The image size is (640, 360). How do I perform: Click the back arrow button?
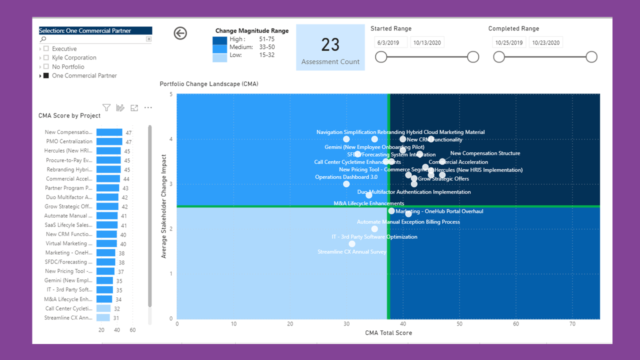(x=180, y=33)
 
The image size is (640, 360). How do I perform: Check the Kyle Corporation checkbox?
(x=46, y=58)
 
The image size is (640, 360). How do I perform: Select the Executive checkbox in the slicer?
(x=46, y=49)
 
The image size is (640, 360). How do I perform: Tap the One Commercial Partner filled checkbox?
(x=46, y=76)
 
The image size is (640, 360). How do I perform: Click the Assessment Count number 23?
(x=330, y=45)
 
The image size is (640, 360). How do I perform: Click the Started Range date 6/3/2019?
(x=391, y=42)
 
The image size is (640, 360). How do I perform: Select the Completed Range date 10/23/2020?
(x=545, y=42)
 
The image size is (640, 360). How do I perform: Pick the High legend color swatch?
(x=219, y=40)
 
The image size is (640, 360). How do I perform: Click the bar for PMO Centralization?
(x=109, y=141)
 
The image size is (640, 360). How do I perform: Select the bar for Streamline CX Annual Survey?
(x=103, y=317)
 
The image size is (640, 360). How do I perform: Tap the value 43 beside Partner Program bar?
(x=125, y=188)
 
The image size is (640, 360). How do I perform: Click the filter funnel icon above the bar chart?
(x=106, y=107)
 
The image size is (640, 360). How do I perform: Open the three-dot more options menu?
(x=148, y=107)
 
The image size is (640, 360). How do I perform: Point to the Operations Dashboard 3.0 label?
(x=346, y=177)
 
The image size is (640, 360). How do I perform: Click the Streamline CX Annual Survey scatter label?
(x=352, y=252)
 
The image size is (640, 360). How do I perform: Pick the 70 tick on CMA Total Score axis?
(x=572, y=324)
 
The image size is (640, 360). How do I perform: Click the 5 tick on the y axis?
(x=171, y=94)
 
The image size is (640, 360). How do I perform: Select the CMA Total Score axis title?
(x=388, y=333)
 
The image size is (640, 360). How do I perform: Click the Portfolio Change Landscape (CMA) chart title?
(x=208, y=84)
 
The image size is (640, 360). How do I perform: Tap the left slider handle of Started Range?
(x=381, y=57)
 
